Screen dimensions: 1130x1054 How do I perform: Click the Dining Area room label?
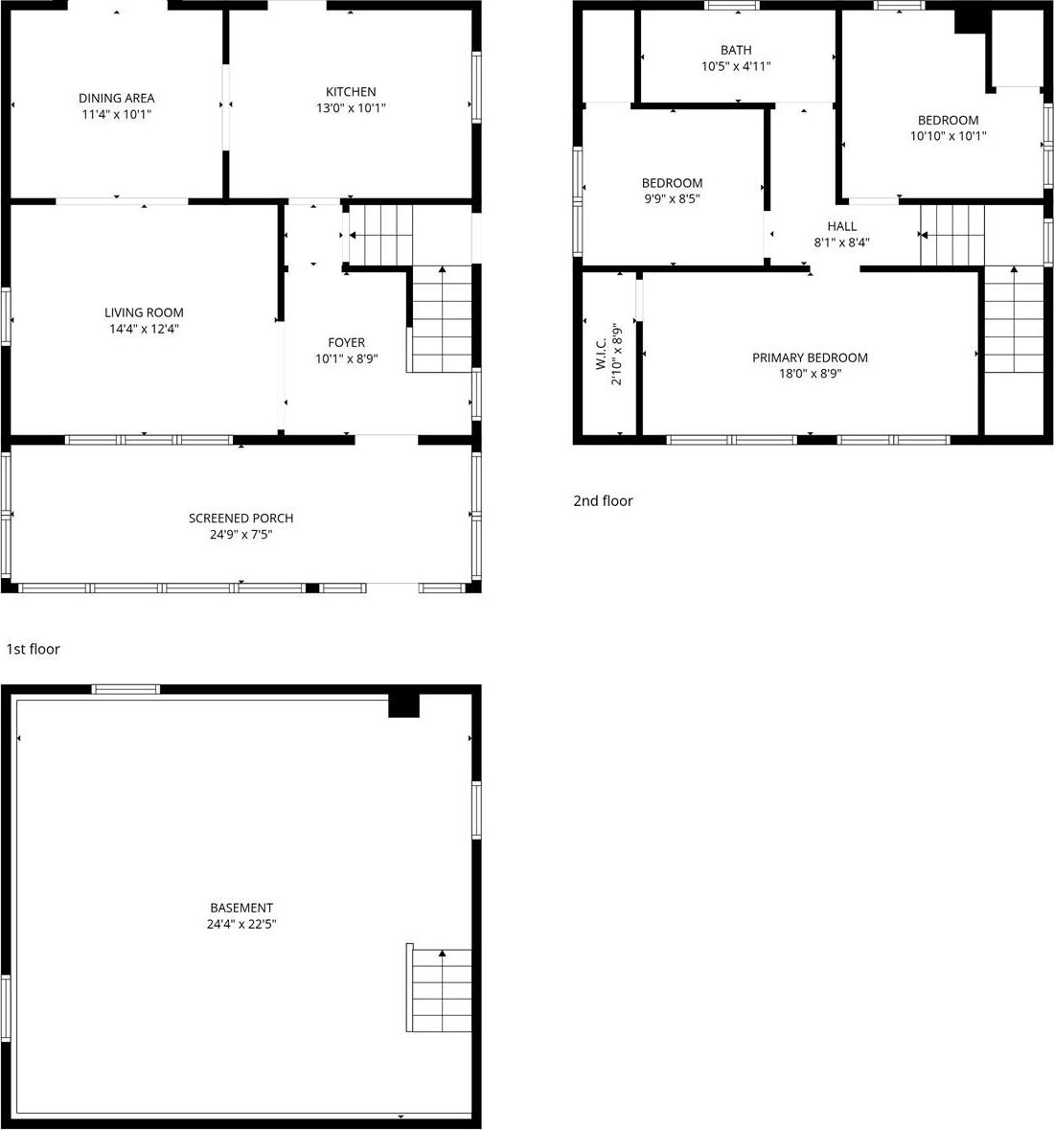tap(116, 98)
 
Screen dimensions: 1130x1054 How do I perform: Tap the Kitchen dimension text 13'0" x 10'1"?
tap(351, 108)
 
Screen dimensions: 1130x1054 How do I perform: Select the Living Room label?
tap(144, 312)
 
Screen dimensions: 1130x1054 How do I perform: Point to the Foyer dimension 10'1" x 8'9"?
tap(346, 358)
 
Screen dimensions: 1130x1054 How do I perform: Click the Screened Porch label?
tap(241, 518)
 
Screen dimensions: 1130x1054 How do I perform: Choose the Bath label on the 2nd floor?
tap(736, 50)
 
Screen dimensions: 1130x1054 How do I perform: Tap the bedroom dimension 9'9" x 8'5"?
tap(672, 199)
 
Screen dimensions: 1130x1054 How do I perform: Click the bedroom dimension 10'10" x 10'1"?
tap(948, 136)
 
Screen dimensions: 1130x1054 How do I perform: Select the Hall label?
tap(842, 226)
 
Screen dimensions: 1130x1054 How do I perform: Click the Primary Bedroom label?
tap(810, 357)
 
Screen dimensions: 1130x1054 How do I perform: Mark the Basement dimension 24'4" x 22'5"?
tap(241, 924)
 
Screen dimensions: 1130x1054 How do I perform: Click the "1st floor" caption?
tap(33, 649)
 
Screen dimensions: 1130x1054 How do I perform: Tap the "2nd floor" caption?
tap(603, 500)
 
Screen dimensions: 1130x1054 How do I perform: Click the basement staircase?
tap(439, 989)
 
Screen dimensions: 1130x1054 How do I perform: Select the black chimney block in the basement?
tap(403, 704)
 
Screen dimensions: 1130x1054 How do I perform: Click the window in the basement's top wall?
tap(126, 688)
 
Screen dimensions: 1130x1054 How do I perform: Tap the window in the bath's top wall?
tap(732, 5)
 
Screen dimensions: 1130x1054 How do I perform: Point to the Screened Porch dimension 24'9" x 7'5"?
tap(241, 534)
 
